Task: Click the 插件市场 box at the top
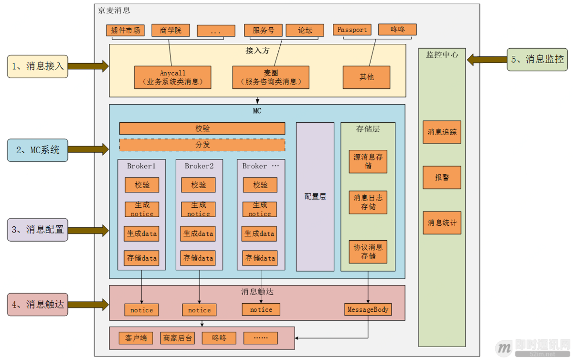(126, 31)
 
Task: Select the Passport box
(352, 30)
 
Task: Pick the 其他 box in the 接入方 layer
(366, 77)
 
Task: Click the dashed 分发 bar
(202, 145)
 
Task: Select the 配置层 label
(315, 197)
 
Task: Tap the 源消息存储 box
(368, 161)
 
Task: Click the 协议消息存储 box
(368, 252)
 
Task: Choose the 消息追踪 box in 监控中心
(442, 132)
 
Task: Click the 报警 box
(442, 178)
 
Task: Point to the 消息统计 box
(442, 222)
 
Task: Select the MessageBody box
(368, 309)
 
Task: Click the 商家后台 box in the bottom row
(177, 338)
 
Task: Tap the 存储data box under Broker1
(142, 258)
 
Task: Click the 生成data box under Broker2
(198, 234)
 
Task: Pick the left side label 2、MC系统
(38, 150)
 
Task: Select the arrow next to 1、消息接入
(88, 66)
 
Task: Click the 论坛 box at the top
(305, 30)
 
